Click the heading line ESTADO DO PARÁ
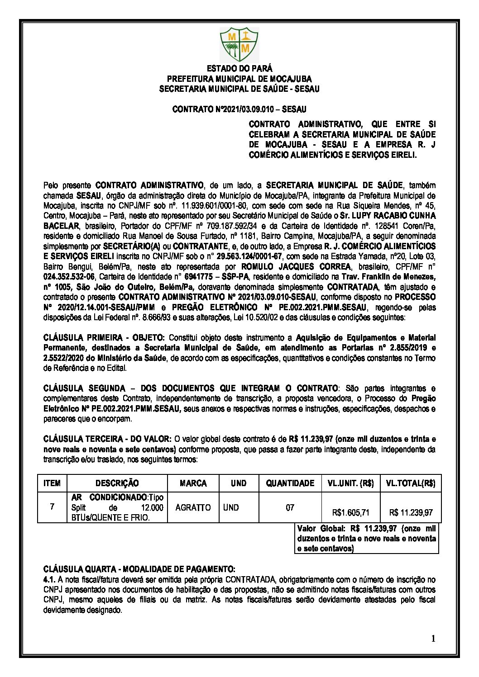pos(239,69)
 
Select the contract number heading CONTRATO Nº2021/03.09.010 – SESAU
pos(239,109)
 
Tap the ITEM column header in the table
pos(52,483)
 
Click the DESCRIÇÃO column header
pos(117,483)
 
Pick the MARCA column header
pos(193,483)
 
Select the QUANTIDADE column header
pos(290,483)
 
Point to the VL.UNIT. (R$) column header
pos(350,483)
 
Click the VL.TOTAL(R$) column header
pos(410,483)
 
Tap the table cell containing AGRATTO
pos(193,507)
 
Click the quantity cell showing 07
pos(290,507)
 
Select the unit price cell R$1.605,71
pos(350,512)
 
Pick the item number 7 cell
pos(52,507)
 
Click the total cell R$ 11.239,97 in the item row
pos(411,512)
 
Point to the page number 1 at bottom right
pos(433,639)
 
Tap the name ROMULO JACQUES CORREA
pos(296,266)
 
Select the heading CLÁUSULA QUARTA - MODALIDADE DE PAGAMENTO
pos(139,569)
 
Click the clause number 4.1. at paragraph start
pos(49,579)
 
